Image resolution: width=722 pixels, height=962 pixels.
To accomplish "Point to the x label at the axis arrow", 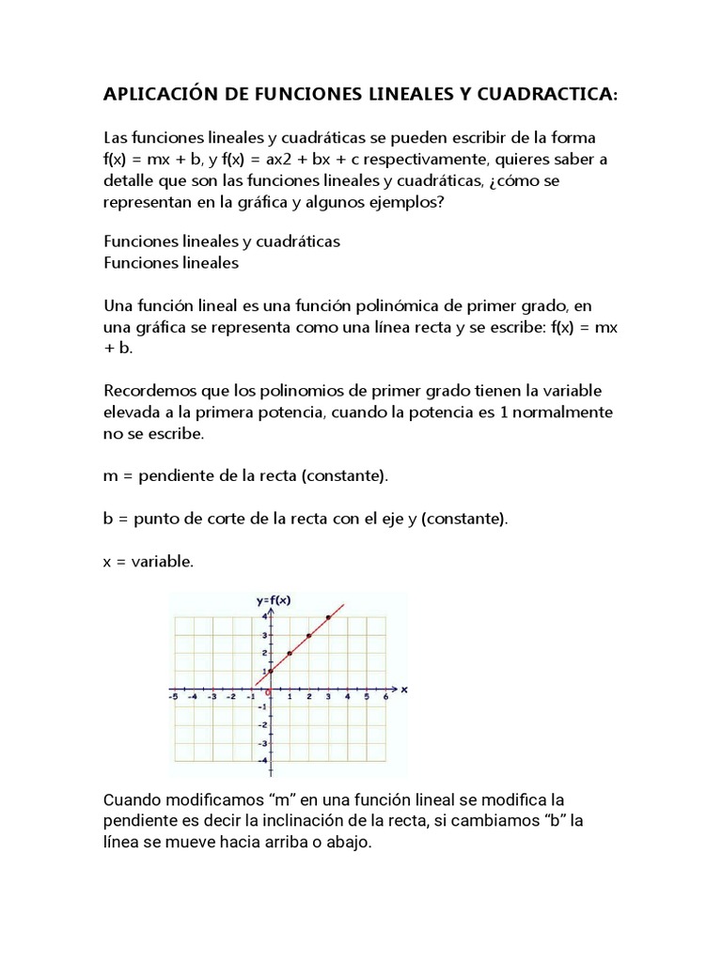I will pyautogui.click(x=403, y=689).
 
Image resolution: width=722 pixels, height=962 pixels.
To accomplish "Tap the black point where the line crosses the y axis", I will pyautogui.click(x=271, y=671).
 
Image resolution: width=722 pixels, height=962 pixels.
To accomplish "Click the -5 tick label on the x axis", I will pyautogui.click(x=172, y=697).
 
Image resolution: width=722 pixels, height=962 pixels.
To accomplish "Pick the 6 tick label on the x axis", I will pyautogui.click(x=385, y=697).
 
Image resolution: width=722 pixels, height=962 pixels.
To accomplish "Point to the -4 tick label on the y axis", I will pyautogui.click(x=263, y=760).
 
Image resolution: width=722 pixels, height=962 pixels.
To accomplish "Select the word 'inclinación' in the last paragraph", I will pyautogui.click(x=353, y=821).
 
